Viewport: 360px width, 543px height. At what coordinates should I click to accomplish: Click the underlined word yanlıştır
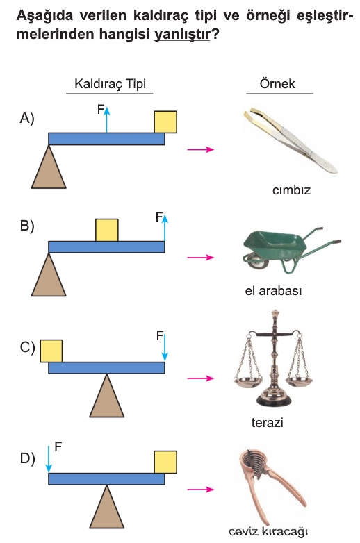tap(182, 34)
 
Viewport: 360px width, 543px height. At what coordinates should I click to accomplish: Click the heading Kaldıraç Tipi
tap(111, 84)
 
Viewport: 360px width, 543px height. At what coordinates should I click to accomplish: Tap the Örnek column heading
tap(277, 83)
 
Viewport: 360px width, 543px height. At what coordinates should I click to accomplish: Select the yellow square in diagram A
tap(165, 122)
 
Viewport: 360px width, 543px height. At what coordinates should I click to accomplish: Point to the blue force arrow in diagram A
tap(107, 119)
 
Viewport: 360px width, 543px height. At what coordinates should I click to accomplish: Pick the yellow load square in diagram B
tap(107, 230)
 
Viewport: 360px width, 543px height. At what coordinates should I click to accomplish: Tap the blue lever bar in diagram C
tap(106, 368)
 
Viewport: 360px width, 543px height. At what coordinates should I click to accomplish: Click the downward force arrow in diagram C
tap(165, 347)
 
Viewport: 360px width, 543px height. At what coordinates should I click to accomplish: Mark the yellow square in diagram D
tap(165, 462)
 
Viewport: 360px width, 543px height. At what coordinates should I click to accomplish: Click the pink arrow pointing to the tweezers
tap(201, 149)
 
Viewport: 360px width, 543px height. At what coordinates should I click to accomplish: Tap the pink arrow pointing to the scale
tap(201, 378)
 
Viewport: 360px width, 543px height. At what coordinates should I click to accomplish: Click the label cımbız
tap(291, 190)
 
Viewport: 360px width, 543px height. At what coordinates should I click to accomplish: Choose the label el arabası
tap(273, 290)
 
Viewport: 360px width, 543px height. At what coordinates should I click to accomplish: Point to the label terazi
tap(267, 422)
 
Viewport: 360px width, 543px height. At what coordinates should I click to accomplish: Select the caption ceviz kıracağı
tap(268, 531)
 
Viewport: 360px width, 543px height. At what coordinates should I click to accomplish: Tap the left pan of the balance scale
tap(247, 382)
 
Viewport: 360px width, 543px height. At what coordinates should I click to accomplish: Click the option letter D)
tap(27, 458)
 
